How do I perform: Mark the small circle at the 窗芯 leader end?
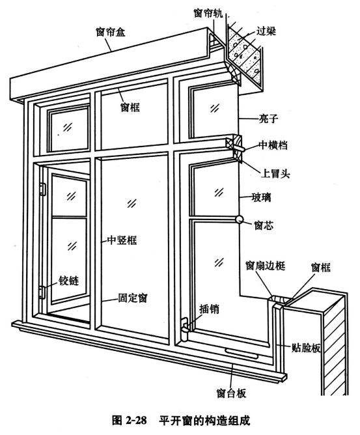click(240, 221)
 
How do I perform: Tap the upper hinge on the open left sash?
click(44, 189)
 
